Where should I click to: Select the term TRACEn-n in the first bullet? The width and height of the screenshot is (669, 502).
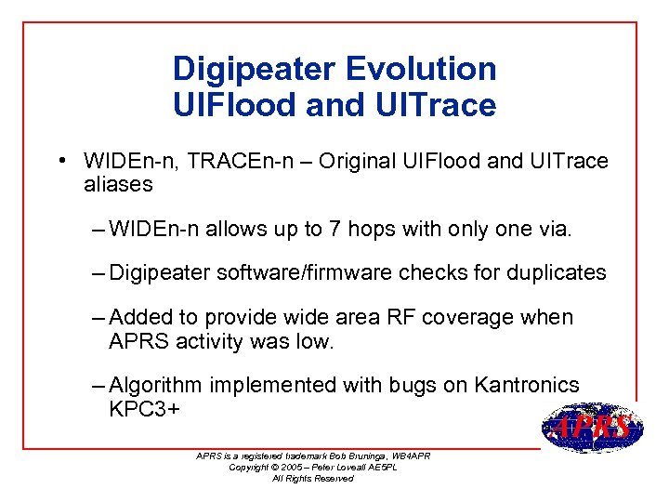245,162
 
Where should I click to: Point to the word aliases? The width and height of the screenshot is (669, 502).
118,184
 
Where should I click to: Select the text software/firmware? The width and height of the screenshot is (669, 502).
299,273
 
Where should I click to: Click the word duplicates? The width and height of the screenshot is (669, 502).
554,273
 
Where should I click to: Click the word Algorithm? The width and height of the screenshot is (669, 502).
156,386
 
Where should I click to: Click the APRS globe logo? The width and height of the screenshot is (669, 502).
592,429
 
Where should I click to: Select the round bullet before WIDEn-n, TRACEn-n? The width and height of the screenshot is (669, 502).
59,160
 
